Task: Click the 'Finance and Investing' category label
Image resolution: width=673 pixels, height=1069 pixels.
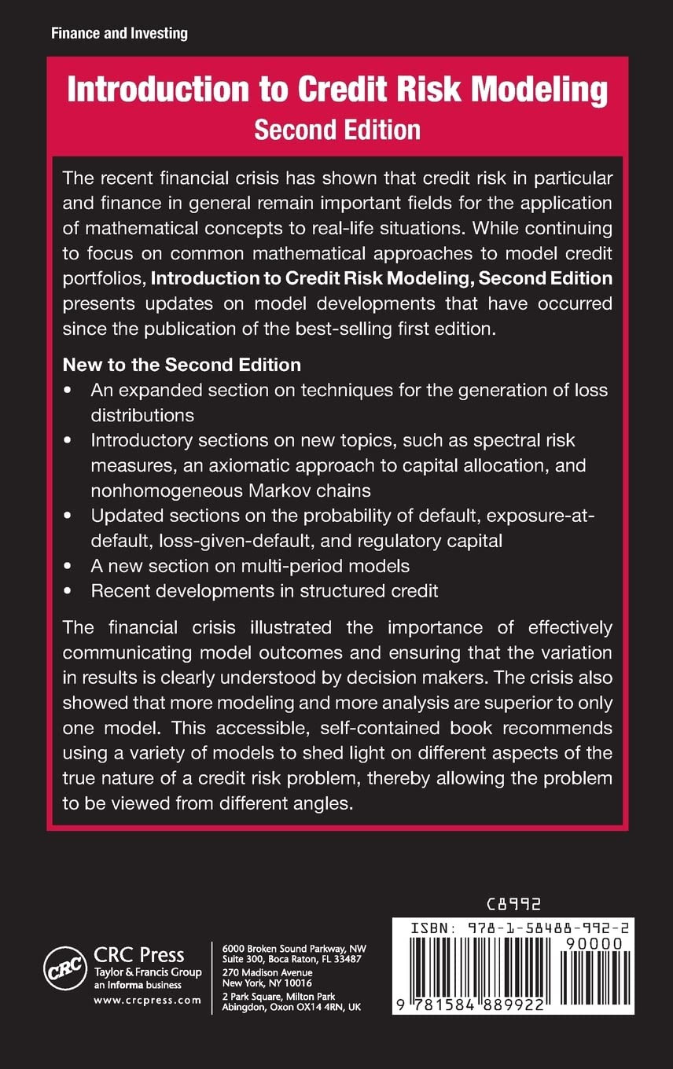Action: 120,33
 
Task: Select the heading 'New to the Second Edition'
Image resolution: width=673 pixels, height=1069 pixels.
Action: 182,365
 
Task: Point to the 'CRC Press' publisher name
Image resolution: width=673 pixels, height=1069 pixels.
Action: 139,956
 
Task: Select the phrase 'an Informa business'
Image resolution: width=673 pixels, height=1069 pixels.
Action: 138,985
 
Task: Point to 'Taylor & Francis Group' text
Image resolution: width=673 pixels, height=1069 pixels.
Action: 148,972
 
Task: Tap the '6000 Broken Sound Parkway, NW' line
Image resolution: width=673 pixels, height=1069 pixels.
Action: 294,947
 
